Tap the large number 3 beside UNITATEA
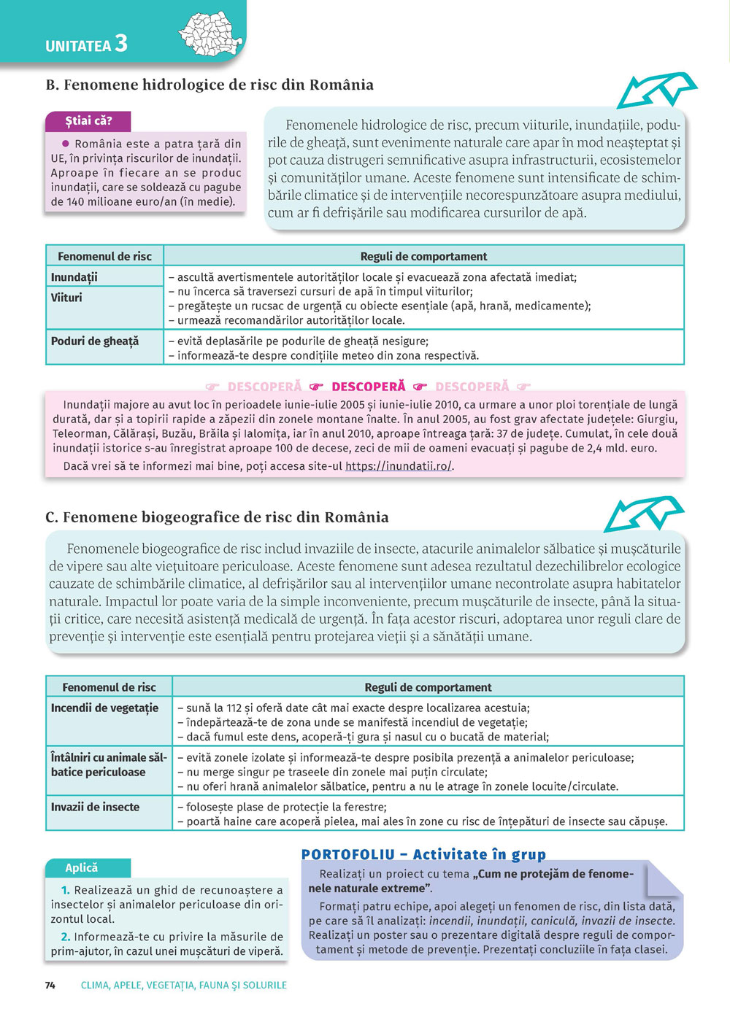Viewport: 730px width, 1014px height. [120, 44]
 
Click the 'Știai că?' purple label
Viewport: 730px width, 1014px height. [88, 121]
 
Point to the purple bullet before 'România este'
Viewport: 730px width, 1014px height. [66, 144]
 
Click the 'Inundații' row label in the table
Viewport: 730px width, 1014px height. [74, 277]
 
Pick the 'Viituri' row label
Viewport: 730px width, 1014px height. [66, 298]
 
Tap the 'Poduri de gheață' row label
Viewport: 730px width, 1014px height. [94, 341]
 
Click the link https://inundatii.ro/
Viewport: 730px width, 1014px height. [399, 466]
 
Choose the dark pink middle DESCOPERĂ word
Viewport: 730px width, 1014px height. [368, 387]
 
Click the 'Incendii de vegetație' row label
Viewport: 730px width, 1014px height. [104, 708]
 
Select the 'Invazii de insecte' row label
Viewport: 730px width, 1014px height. [95, 807]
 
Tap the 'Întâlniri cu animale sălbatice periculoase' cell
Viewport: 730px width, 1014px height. [109, 765]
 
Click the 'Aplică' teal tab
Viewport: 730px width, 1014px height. [81, 868]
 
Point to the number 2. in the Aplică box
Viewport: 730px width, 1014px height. [66, 937]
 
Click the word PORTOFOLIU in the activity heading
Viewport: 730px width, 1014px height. [347, 854]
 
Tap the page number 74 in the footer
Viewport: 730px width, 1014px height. [50, 986]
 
